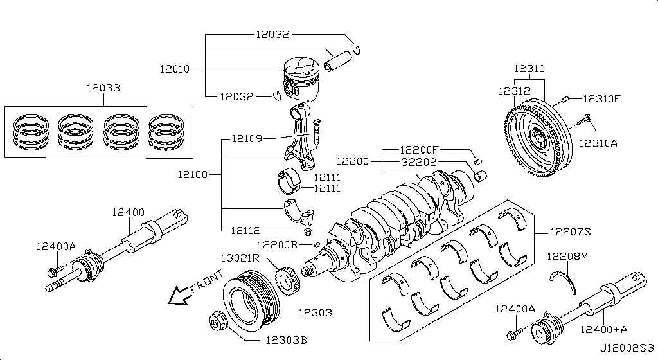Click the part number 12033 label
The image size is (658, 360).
(x=103, y=87)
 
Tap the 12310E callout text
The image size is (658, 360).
(x=601, y=99)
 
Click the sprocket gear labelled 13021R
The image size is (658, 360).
(x=287, y=278)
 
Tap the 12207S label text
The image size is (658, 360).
(x=571, y=231)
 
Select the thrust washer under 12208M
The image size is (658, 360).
(x=564, y=281)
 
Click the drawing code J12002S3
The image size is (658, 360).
(x=627, y=348)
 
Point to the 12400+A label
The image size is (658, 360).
(x=604, y=329)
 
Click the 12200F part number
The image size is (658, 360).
(x=419, y=150)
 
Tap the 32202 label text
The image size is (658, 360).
(x=418, y=162)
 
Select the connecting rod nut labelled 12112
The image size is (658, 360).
(x=307, y=232)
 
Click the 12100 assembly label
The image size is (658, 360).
(x=193, y=174)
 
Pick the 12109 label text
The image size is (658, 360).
(x=247, y=138)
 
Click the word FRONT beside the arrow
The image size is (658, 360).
(x=206, y=282)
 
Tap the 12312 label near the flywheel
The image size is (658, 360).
(x=515, y=91)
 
